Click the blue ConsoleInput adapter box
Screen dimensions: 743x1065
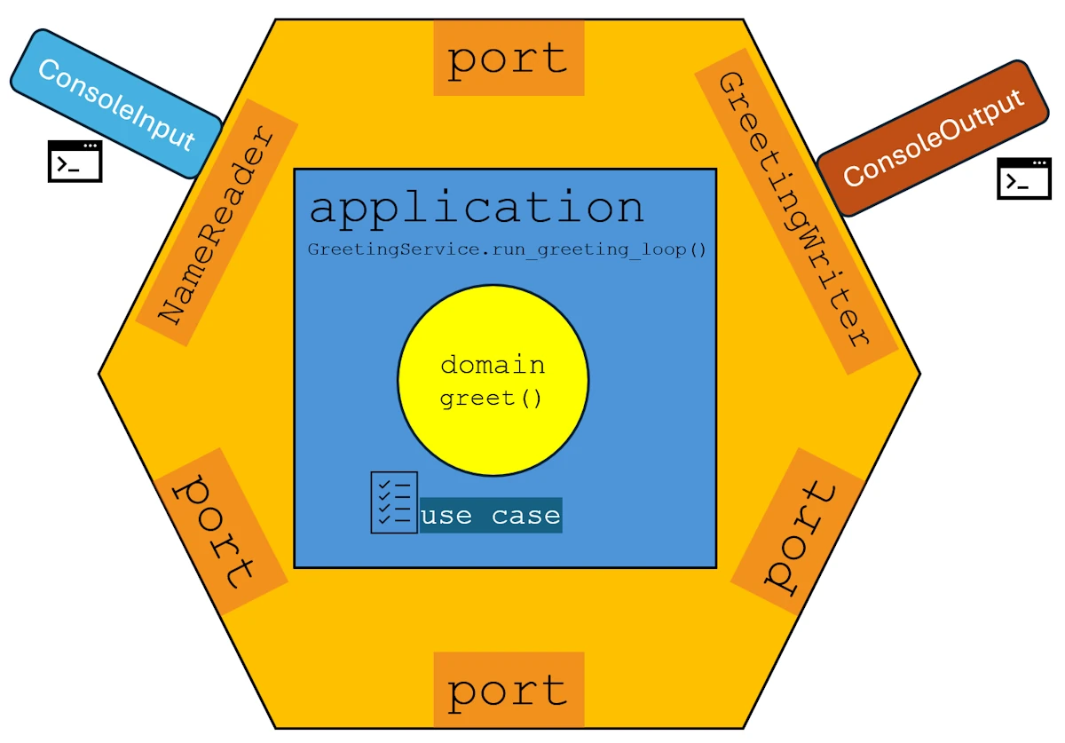[x=115, y=104]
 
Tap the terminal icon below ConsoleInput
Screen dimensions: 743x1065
[x=75, y=162]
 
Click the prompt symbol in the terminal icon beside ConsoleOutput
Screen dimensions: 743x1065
[x=1015, y=183]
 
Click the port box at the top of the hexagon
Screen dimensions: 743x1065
[x=509, y=59]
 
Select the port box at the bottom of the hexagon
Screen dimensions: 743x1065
[x=509, y=690]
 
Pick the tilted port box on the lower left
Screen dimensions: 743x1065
[x=221, y=531]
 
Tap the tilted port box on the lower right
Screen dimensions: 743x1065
[x=797, y=531]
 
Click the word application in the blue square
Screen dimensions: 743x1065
[x=476, y=207]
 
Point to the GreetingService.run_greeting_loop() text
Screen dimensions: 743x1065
[x=507, y=249]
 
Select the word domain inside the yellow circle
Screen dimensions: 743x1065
[x=493, y=365]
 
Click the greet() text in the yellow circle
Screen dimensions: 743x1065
[x=491, y=398]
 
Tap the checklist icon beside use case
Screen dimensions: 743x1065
[x=393, y=502]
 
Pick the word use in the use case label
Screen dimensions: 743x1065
[x=446, y=516]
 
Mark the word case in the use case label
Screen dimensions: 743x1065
[x=525, y=516]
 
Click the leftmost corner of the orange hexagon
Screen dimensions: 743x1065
[x=100, y=374]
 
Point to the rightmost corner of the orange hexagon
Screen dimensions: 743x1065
[x=919, y=374]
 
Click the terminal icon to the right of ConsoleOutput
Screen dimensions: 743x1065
[x=1023, y=178]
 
